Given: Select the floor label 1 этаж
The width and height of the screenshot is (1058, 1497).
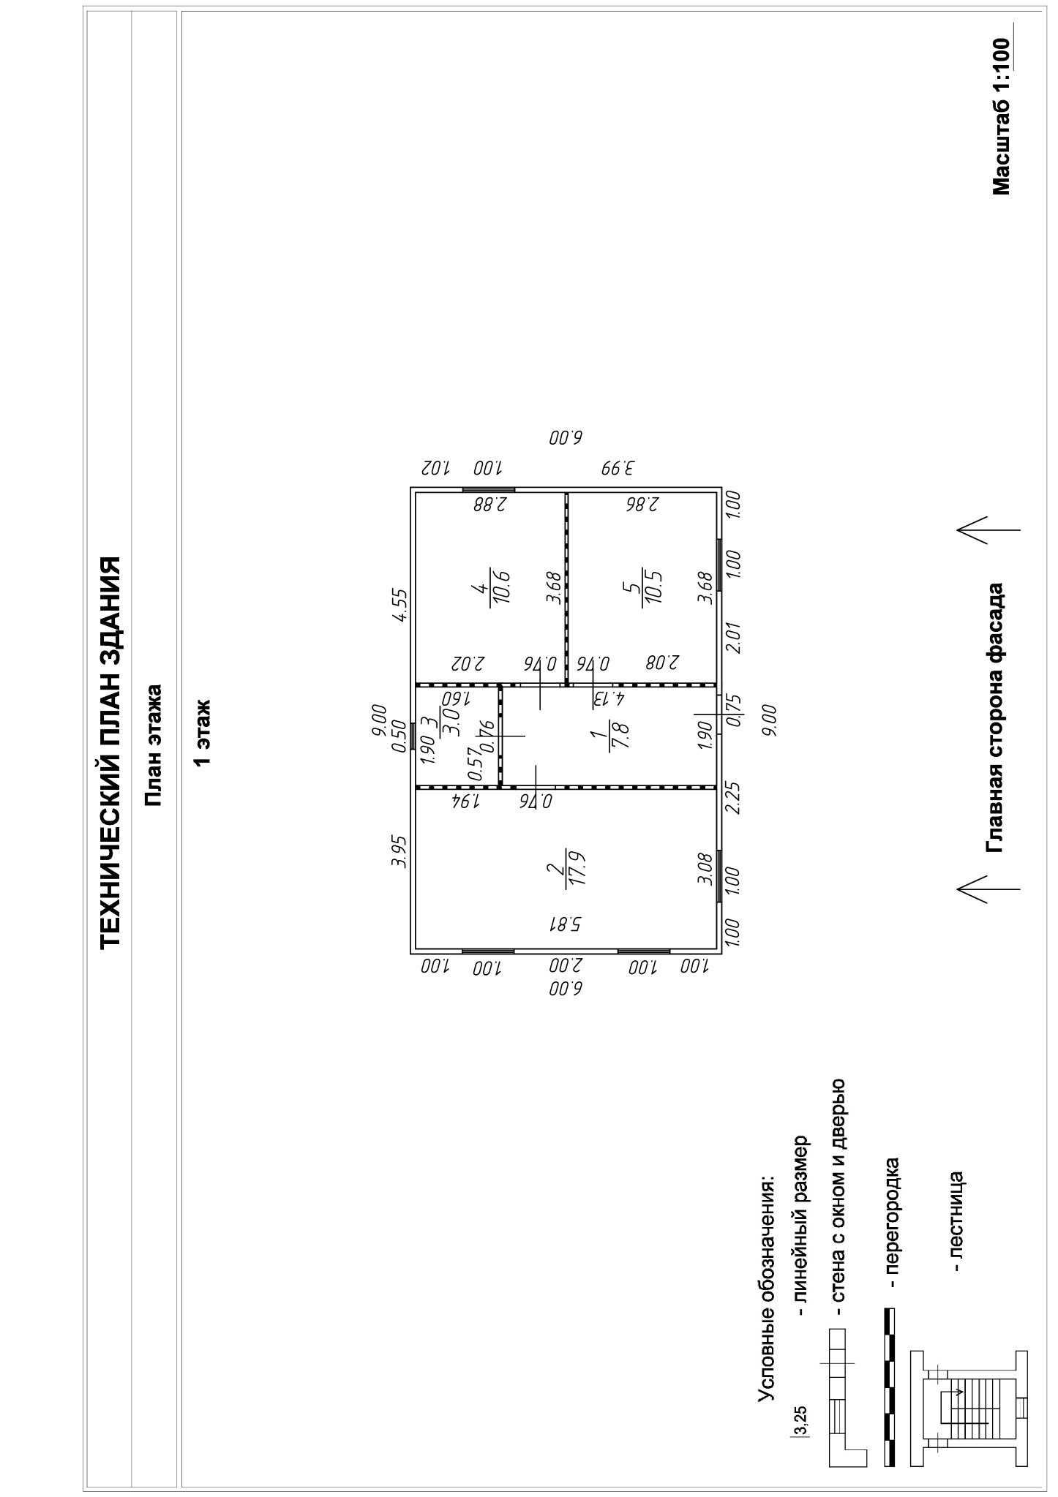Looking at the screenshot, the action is point(202,734).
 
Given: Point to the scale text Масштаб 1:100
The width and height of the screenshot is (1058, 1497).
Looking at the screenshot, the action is point(1001,116).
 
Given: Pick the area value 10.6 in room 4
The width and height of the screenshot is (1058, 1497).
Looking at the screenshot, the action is point(501,586).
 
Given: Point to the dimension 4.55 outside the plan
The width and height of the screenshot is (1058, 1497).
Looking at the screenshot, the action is point(399,605).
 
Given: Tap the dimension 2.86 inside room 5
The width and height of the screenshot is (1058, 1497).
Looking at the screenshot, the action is point(643,504).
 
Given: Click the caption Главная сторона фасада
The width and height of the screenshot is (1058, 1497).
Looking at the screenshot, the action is point(995,717).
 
